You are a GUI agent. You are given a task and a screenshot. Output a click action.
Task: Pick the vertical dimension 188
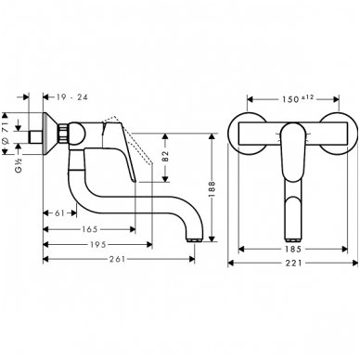(x=211, y=185)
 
